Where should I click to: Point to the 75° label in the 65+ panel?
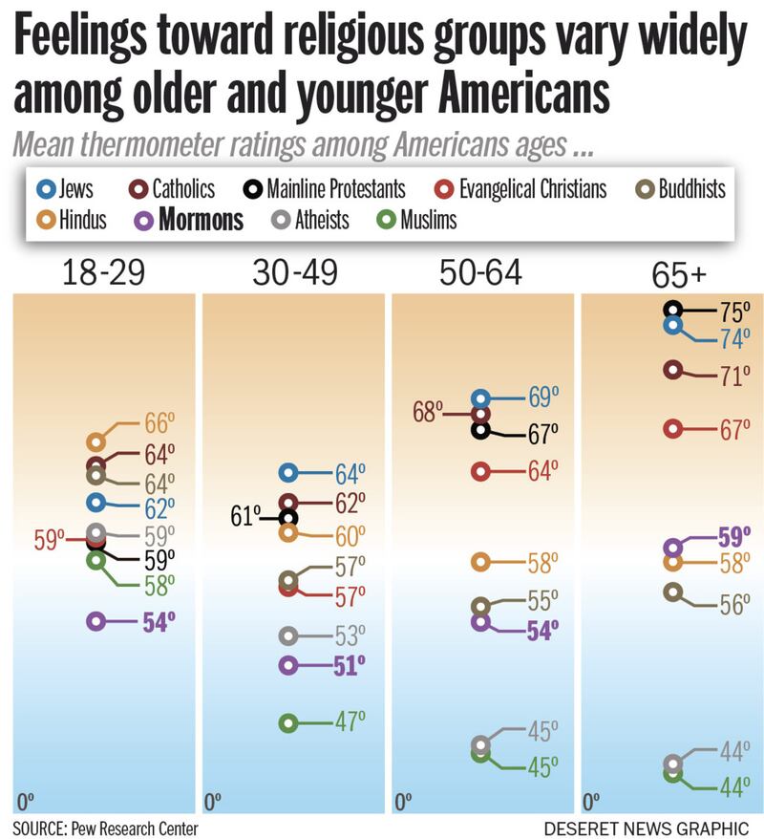click(x=734, y=312)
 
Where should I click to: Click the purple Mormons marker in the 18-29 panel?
click(x=95, y=621)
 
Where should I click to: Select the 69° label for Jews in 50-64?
click(x=545, y=397)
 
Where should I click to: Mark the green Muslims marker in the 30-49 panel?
click(x=288, y=723)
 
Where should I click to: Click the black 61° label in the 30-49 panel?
click(x=245, y=517)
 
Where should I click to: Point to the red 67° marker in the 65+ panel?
click(x=673, y=429)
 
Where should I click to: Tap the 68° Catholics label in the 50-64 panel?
click(x=429, y=413)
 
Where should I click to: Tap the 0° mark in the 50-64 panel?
click(x=404, y=799)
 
